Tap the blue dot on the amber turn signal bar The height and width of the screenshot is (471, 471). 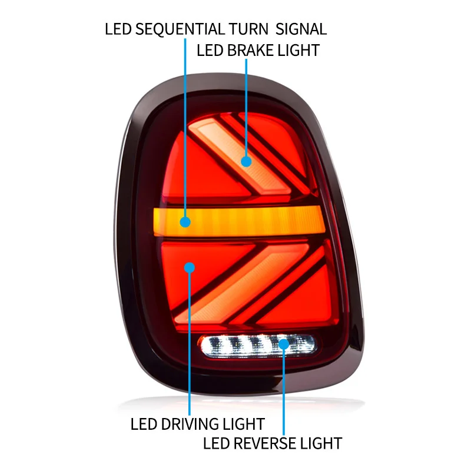pos(185,222)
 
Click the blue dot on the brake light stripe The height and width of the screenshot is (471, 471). pos(246,160)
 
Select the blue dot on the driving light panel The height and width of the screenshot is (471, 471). pos(190,267)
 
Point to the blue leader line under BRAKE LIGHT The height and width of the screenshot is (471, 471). pos(246,106)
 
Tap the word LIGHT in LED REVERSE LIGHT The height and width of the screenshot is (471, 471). pos(320,442)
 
